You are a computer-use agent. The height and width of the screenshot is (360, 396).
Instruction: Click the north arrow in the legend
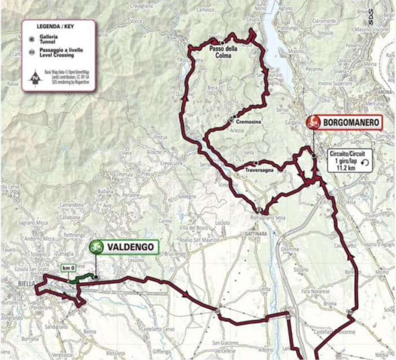coord(36,78)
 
